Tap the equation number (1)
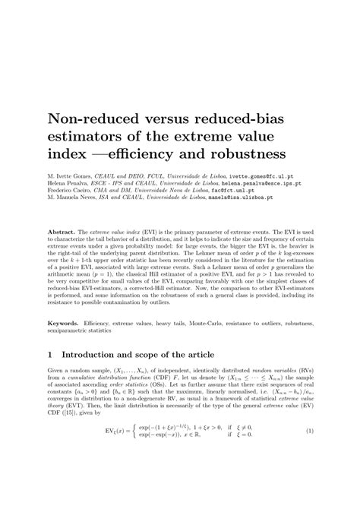pos(309,473)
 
